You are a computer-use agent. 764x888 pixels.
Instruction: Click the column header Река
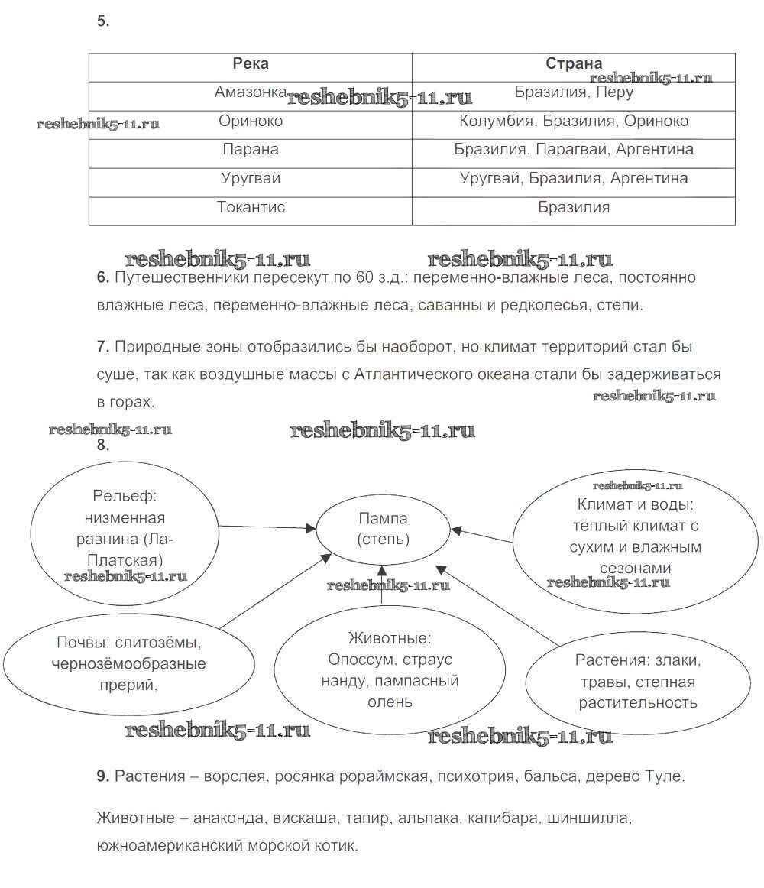coord(251,64)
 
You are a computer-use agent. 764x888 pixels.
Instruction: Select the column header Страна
coord(573,64)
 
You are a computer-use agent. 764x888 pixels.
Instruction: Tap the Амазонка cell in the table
coord(251,92)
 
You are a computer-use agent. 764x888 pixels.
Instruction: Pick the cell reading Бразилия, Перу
coord(573,92)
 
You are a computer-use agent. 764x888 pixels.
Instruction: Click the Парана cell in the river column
coord(251,150)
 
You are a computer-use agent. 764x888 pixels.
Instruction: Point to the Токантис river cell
coord(251,207)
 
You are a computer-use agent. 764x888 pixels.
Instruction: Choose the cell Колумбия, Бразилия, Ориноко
coord(573,121)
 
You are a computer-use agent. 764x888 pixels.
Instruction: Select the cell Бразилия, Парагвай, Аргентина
coord(573,150)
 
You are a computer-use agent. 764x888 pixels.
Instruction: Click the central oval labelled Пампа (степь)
coord(383,529)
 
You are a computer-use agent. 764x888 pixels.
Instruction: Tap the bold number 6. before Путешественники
coord(104,277)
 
